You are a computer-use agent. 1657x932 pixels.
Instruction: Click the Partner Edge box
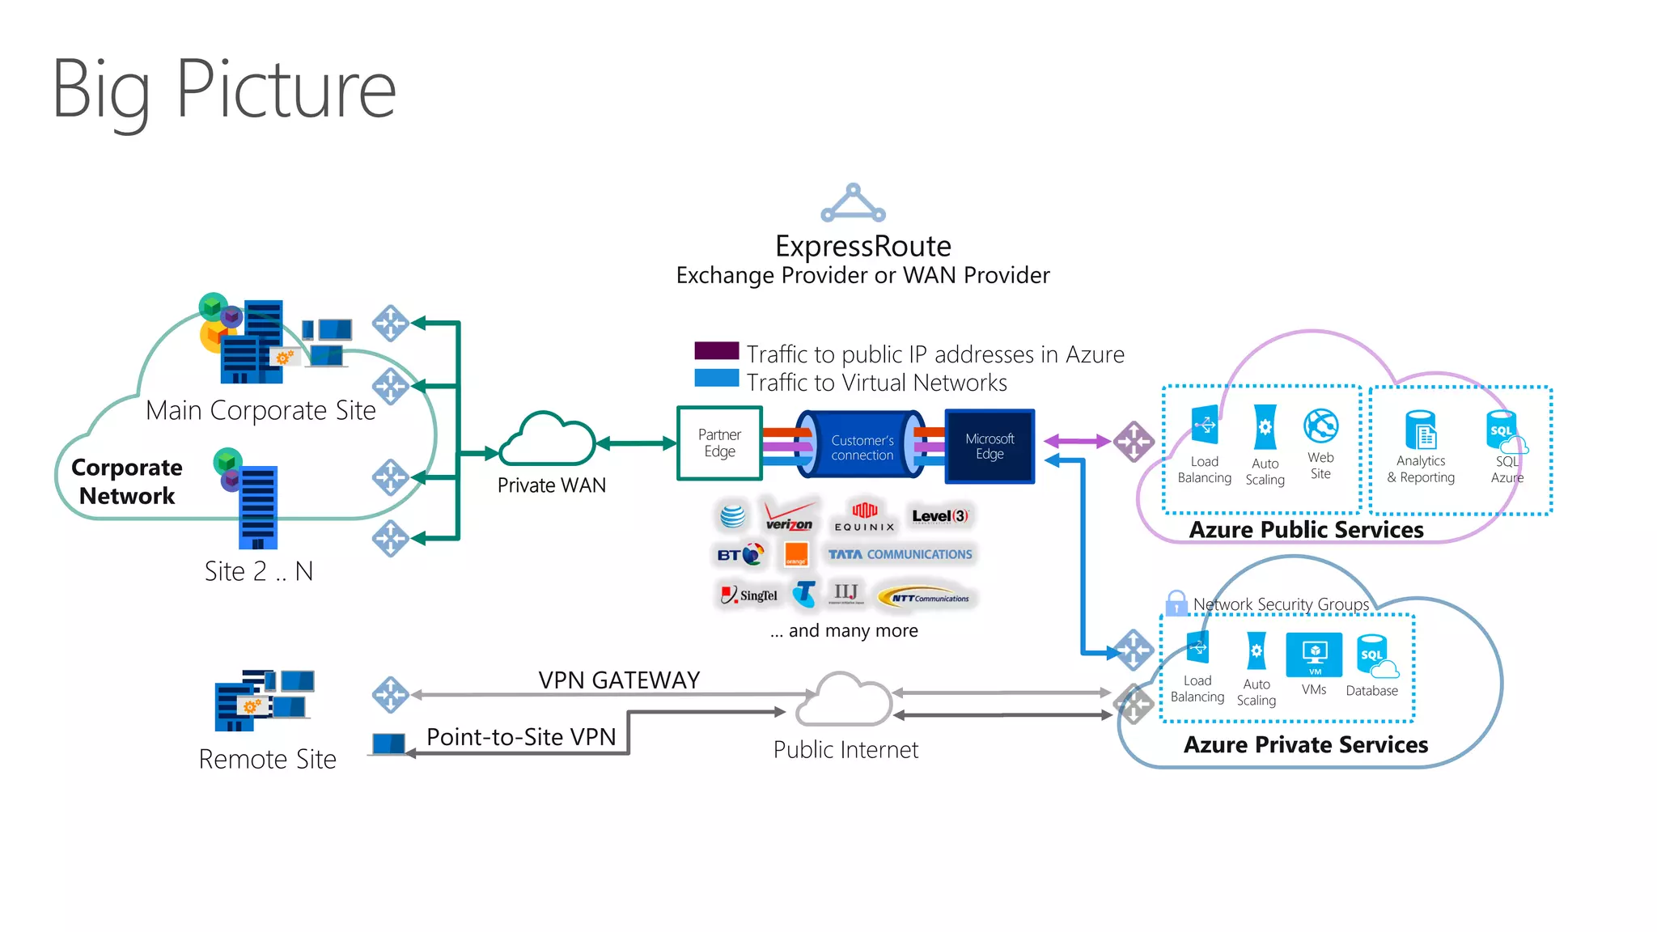(x=719, y=443)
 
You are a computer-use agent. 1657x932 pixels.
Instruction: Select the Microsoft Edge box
(x=989, y=447)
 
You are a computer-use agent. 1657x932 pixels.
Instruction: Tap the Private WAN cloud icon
(x=549, y=440)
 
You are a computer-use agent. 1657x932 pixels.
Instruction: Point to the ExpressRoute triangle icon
(x=853, y=204)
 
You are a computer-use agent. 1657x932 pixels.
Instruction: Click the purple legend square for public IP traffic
(x=716, y=350)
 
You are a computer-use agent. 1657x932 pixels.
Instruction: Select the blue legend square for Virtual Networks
(x=716, y=378)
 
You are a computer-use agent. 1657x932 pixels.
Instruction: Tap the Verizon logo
(x=789, y=516)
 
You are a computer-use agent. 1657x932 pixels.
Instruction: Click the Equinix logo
(x=864, y=516)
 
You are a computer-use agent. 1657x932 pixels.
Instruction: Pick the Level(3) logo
(x=939, y=516)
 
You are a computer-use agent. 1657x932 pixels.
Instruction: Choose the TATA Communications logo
(x=900, y=554)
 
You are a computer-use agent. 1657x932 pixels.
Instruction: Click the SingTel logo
(x=749, y=595)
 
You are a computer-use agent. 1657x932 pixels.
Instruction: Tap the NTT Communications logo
(x=929, y=598)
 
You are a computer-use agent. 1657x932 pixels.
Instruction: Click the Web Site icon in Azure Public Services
(x=1320, y=426)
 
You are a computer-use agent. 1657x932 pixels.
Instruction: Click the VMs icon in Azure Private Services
(x=1314, y=655)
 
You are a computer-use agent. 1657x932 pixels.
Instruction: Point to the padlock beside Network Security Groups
(x=1176, y=603)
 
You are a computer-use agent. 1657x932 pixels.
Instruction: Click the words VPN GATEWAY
(x=619, y=680)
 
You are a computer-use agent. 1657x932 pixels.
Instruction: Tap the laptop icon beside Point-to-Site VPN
(x=388, y=743)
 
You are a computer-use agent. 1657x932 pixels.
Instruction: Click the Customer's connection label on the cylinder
(x=862, y=447)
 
